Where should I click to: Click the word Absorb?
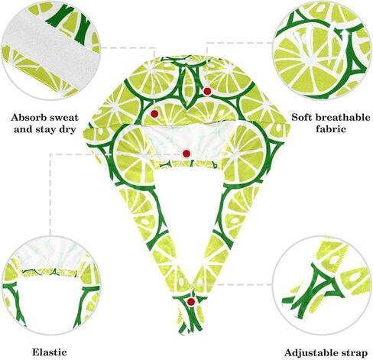point(28,118)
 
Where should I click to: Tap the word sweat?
point(64,118)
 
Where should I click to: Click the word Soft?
point(302,117)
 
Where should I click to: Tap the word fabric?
point(331,129)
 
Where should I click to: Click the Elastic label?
point(50,352)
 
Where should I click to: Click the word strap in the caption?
point(353,354)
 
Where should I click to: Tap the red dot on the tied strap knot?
point(190,302)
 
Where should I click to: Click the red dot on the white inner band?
point(186,154)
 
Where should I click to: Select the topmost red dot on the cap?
point(207,92)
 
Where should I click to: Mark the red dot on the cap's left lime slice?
point(154,114)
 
